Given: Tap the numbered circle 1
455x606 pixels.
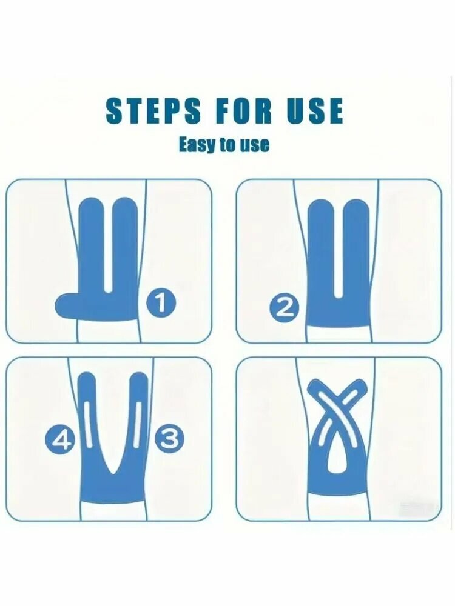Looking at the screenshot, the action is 161,302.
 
